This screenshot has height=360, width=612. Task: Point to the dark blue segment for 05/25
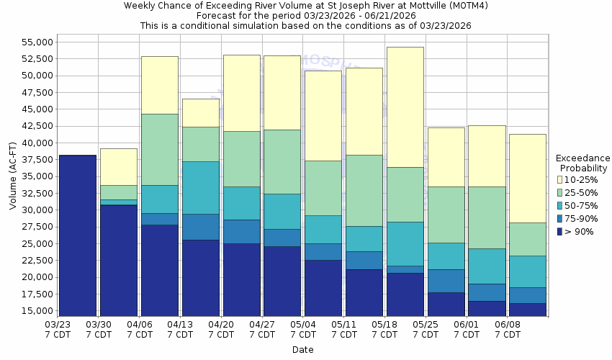point(446,304)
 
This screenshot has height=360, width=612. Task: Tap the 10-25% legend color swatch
point(559,179)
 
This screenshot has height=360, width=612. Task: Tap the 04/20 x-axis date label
point(221,330)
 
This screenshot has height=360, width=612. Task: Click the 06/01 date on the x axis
point(467,330)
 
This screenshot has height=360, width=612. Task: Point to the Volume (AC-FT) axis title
point(13,176)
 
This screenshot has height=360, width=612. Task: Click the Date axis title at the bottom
point(302,350)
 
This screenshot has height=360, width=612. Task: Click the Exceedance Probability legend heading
point(583,163)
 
